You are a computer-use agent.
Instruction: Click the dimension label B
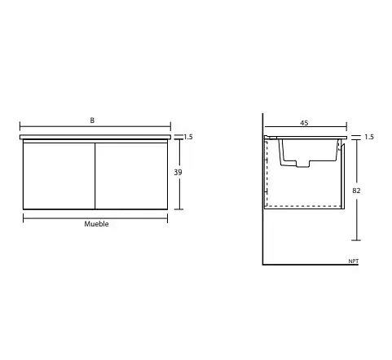[x=92, y=121]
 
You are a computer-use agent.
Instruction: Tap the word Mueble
[x=96, y=224]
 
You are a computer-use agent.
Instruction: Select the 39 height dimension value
[x=178, y=172]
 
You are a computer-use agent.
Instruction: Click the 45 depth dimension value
[x=304, y=123]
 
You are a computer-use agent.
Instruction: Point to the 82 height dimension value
[x=356, y=191]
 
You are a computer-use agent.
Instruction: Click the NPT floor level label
[x=354, y=261]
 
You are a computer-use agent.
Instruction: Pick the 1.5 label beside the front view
[x=188, y=137]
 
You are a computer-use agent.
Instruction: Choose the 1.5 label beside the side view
[x=369, y=137]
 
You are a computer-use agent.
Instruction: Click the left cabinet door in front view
[x=59, y=176]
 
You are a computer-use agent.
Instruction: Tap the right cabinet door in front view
[x=131, y=176]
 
